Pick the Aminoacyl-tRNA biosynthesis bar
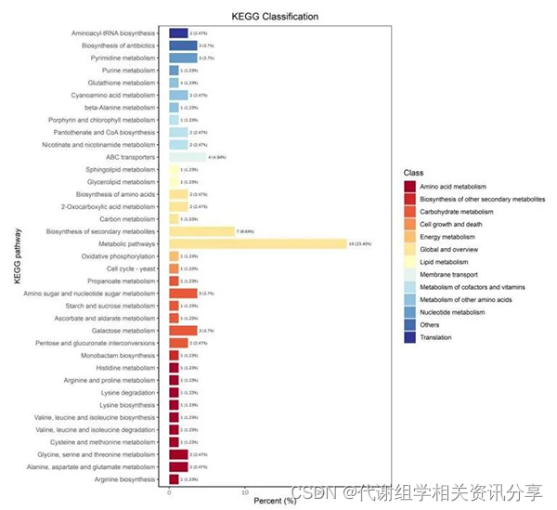(x=178, y=33)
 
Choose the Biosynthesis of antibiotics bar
(x=182, y=46)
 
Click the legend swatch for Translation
(x=410, y=337)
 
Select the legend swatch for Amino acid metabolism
(x=410, y=187)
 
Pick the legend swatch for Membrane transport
(x=410, y=275)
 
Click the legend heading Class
(x=414, y=173)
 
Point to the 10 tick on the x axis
(x=244, y=490)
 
